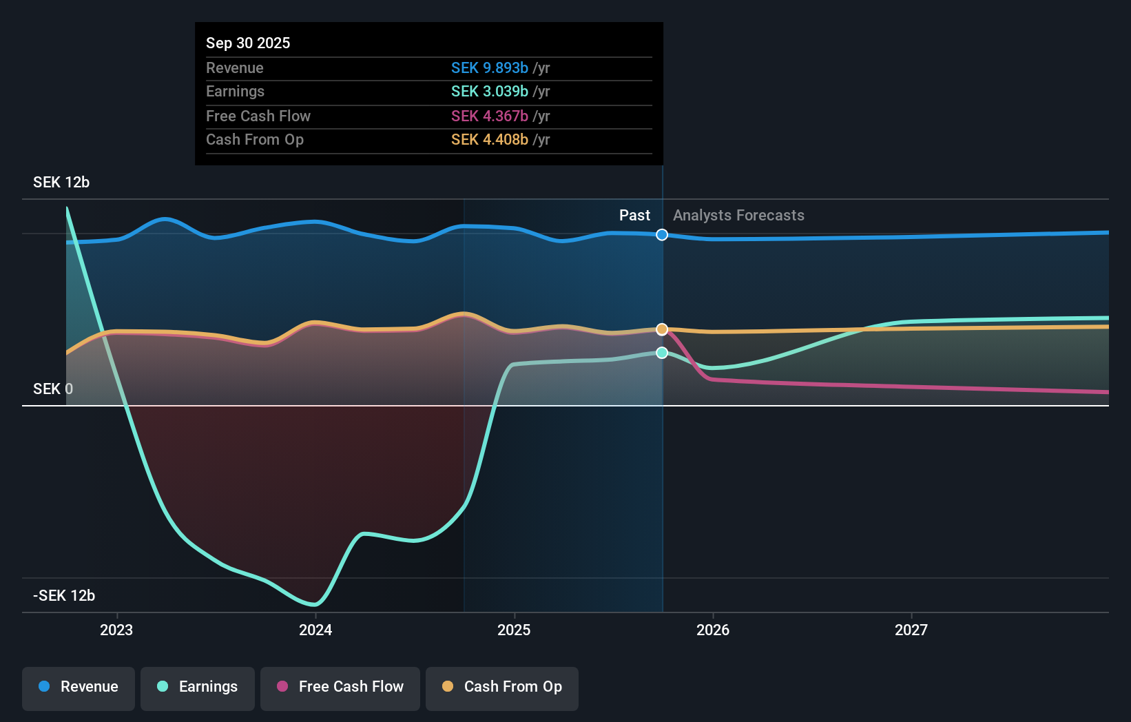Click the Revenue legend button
79,687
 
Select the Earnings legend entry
198,687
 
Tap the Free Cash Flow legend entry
340,687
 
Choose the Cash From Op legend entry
502,687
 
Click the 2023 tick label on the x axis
116,630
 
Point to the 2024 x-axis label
315,630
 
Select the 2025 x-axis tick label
514,630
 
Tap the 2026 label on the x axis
713,630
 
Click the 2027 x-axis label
911,630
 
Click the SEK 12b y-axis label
61,183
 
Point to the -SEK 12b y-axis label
64,596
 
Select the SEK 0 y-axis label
53,389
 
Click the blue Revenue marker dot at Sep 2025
662,235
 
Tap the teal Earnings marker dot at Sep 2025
662,353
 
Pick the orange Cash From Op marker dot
662,329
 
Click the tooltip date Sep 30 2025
248,43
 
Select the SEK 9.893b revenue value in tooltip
490,68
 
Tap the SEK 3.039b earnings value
490,92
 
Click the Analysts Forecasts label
738,216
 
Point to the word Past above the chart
634,216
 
